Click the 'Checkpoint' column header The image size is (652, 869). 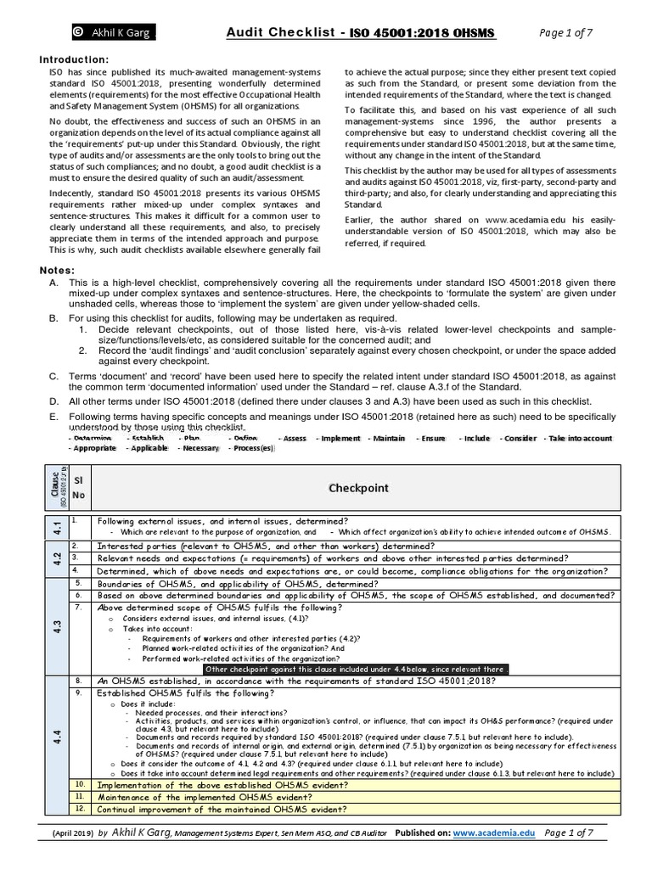365,488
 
